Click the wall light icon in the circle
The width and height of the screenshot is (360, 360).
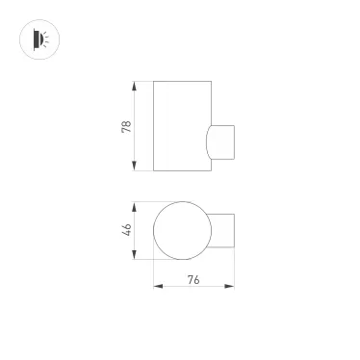coord(39,39)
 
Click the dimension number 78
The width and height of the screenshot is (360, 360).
coord(126,127)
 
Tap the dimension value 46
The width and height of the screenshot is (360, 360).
coord(126,230)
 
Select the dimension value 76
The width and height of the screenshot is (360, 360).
coord(193,280)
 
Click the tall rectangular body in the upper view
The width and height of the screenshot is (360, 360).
coord(180,126)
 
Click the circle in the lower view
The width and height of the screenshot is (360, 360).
coord(181,231)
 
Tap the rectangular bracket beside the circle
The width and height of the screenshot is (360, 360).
coord(223,231)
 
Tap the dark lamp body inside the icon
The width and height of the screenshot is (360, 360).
coord(37,39)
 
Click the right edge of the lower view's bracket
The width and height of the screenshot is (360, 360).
coord(235,231)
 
